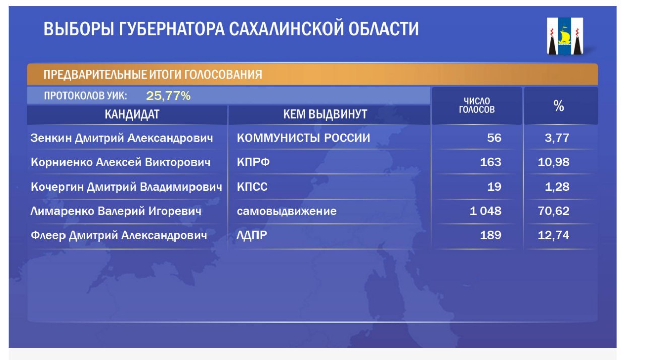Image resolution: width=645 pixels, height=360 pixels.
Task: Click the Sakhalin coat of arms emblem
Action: coord(565,36)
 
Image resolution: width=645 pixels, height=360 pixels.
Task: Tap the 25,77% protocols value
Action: coord(168,96)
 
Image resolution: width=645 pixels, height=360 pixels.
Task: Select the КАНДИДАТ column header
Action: coord(132,114)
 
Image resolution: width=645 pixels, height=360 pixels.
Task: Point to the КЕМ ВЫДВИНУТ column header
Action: coord(325,114)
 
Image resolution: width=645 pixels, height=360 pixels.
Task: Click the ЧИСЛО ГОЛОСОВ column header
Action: coord(477,105)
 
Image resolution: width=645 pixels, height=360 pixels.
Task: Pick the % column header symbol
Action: coord(559,106)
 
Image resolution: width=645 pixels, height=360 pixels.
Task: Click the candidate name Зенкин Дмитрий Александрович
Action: coord(121,138)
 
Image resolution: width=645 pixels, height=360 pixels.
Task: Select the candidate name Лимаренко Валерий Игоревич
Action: coord(116,211)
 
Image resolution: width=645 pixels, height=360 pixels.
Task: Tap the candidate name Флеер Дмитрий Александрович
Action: coord(118,235)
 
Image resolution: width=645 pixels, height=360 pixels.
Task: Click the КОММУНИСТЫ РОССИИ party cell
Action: coord(303,138)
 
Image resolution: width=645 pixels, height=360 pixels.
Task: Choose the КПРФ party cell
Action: coord(253,162)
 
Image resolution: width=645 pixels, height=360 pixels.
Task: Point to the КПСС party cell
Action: coord(252,187)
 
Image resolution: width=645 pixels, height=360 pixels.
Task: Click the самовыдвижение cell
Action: coord(287,211)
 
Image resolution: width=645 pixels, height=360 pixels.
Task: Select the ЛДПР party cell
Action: coord(251,235)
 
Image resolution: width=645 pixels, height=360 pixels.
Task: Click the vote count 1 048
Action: coord(485,211)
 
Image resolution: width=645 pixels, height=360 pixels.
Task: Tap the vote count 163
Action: coord(491,162)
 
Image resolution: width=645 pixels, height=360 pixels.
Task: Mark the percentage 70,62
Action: coord(553,211)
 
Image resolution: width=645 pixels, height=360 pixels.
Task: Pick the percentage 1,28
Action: coord(557,187)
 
